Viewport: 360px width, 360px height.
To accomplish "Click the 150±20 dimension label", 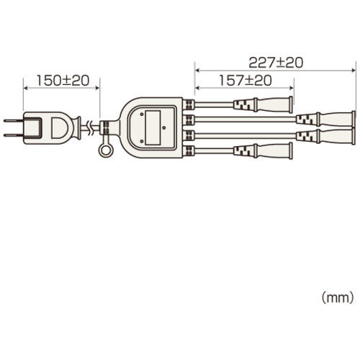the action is coord(63,81).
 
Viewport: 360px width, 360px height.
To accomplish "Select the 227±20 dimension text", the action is coord(276,63).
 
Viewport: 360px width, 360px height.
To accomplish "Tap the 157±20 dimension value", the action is coord(246,81).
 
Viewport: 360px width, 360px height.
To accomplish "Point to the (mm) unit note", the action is coord(338,297).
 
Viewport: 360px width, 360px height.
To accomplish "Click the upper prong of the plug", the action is coord(14,120).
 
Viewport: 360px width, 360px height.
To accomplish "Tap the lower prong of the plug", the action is coord(14,135).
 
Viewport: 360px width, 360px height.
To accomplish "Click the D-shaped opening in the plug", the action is coord(58,128).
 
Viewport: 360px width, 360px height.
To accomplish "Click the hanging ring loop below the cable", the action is coord(105,152).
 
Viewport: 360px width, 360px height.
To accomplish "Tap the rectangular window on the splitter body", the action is coord(153,127).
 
